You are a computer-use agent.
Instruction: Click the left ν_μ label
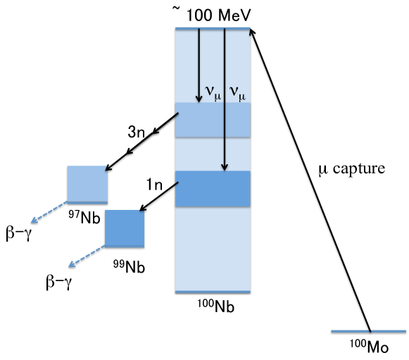(213, 92)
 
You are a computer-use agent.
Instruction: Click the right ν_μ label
(237, 93)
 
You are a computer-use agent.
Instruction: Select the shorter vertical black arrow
(199, 63)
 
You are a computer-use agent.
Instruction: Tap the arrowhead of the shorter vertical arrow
(199, 99)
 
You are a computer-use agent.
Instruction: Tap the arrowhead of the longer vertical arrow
(225, 167)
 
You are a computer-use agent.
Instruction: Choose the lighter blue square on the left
(87, 184)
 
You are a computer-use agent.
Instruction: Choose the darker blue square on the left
(125, 228)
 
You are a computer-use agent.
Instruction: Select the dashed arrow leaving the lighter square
(49, 212)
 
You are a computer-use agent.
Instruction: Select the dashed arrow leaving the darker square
(87, 256)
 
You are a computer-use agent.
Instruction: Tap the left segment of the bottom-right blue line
(349, 330)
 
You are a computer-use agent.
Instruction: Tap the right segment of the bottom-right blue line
(389, 330)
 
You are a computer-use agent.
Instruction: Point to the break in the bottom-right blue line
(370, 330)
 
